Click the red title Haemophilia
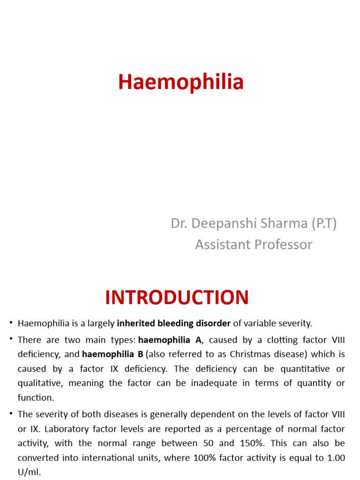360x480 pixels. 181,82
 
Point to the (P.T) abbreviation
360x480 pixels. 323,224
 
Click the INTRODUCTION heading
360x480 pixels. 177,298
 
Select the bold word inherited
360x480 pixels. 135,323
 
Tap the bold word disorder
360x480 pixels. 210,323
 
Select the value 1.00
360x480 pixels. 335,457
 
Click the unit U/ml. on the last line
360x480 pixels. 29,472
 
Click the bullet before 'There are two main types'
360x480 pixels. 11,339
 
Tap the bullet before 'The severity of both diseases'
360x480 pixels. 11,414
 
